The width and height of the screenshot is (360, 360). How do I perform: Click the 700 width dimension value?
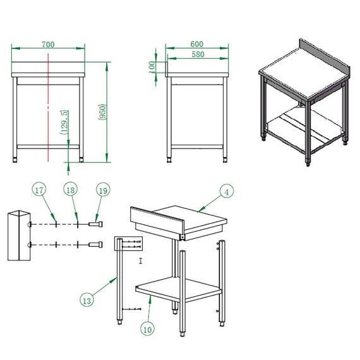tap(48, 44)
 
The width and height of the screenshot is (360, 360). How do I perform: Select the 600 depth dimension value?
tap(197, 44)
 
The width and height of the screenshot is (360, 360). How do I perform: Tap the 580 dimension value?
tap(198, 54)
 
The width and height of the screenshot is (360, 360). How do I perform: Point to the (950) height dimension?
tap(102, 112)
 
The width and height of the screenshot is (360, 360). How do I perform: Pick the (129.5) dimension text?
tap(64, 122)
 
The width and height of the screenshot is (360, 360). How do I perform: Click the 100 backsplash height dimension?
tap(152, 67)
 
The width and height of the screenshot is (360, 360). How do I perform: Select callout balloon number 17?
tap(39, 189)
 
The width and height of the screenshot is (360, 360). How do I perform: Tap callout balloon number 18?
tap(71, 189)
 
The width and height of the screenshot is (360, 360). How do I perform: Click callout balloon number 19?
tap(103, 190)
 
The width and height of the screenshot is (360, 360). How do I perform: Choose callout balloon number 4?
tap(227, 191)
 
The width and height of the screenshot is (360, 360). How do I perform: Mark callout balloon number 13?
tap(87, 300)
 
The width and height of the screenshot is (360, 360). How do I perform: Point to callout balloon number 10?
tap(147, 329)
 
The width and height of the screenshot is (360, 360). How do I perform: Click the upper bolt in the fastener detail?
tap(95, 224)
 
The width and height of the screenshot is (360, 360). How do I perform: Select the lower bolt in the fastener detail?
tap(95, 245)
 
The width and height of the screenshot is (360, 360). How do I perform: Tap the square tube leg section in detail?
tap(19, 236)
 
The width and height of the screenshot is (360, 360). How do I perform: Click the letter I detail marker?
tap(141, 261)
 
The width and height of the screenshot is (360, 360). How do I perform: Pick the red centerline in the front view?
tap(48, 107)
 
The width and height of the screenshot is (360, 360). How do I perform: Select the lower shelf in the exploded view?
tap(179, 289)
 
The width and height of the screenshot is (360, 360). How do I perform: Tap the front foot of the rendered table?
tap(308, 163)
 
